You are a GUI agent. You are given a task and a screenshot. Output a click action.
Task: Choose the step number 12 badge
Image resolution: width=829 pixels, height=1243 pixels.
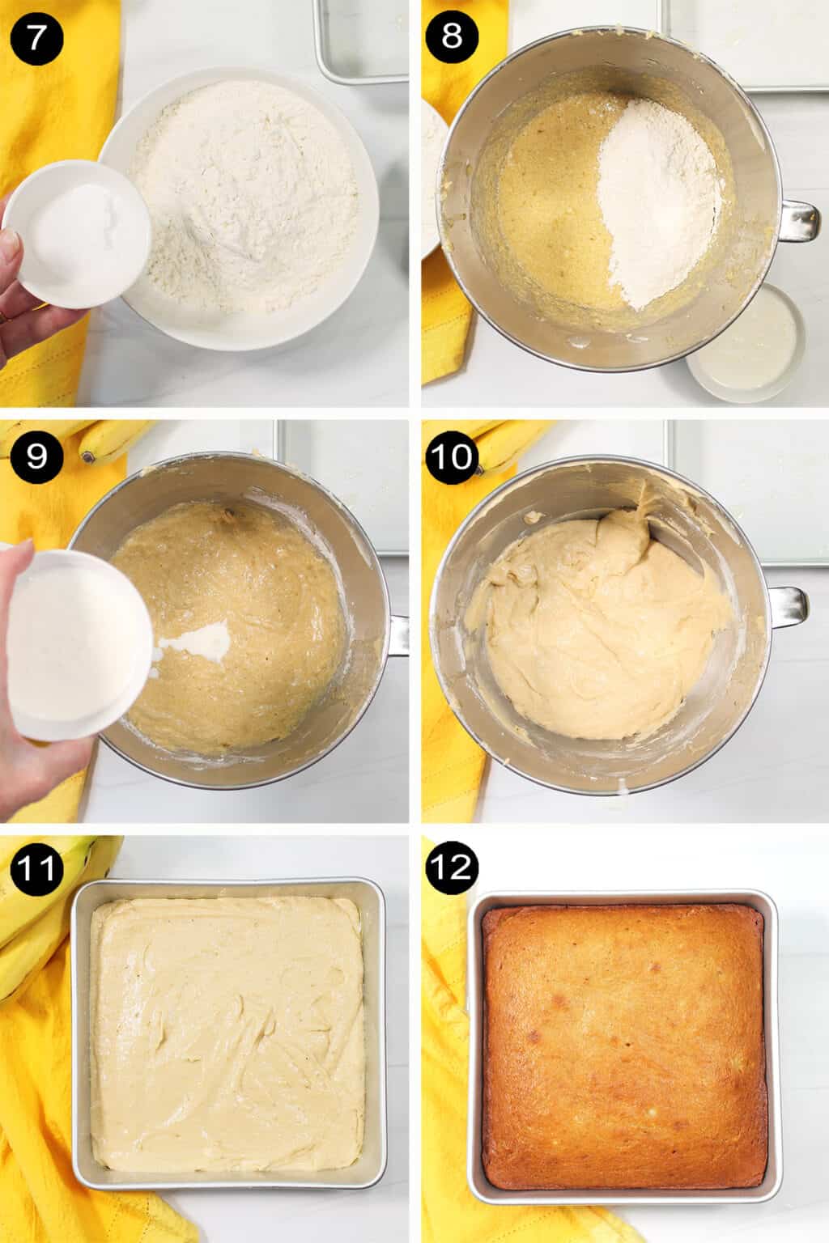pyautogui.click(x=453, y=867)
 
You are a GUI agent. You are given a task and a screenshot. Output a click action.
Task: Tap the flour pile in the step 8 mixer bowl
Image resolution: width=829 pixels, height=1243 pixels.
pyautogui.click(x=660, y=202)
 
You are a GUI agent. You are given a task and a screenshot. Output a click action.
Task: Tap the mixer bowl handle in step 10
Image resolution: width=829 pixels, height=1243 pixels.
pyautogui.click(x=789, y=605)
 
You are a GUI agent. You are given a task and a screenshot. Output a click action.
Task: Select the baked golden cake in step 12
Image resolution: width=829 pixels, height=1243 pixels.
pyautogui.click(x=623, y=1044)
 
